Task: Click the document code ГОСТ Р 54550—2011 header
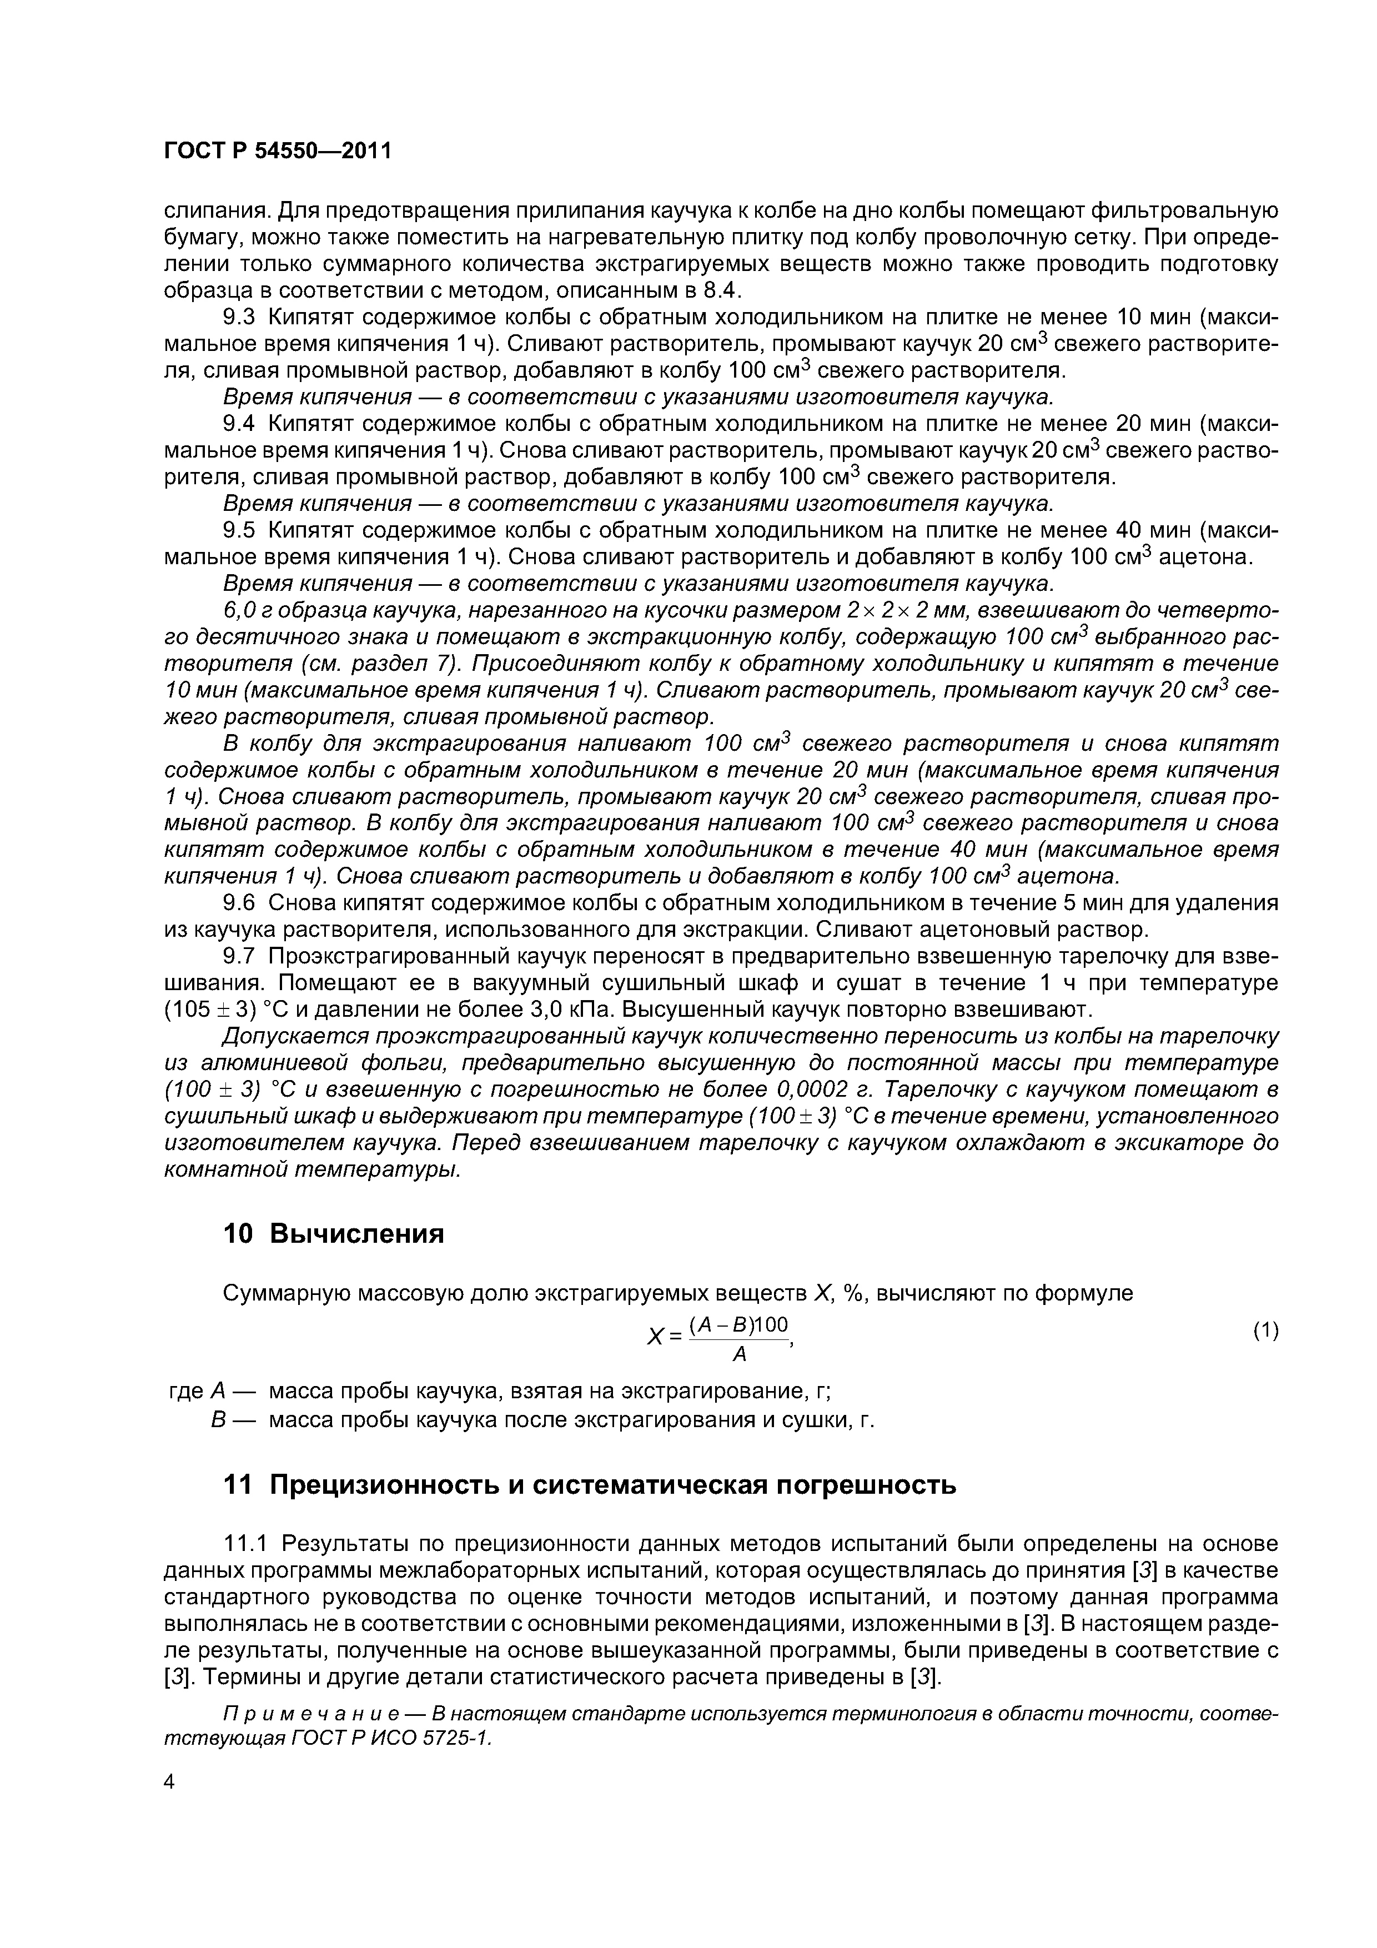coord(278,151)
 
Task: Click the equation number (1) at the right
coord(1265,1331)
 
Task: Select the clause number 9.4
coord(238,423)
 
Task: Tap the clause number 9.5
coord(238,530)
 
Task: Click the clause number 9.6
coord(238,903)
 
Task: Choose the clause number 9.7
coord(238,956)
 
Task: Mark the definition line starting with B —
coord(543,1419)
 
